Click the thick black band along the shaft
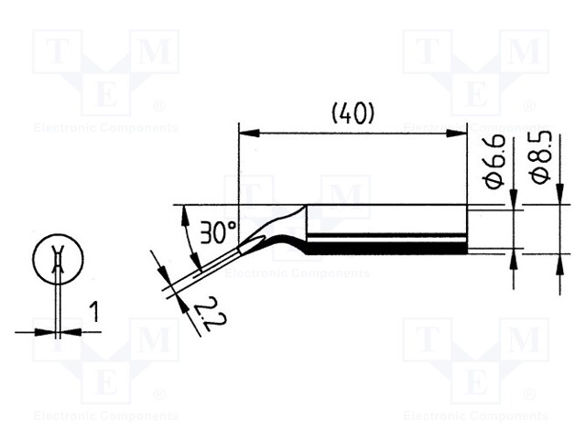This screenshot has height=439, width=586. tap(385, 248)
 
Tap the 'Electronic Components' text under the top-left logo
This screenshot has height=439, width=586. tap(105, 128)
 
